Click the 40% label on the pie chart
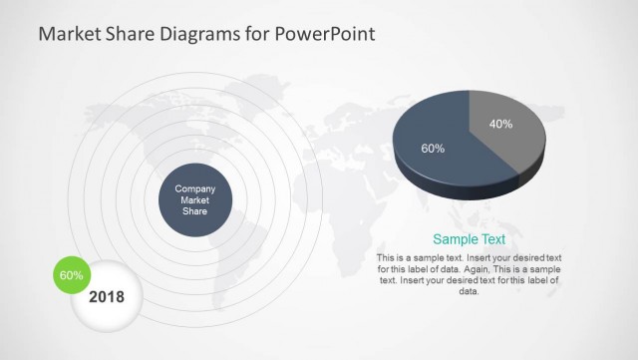point(500,125)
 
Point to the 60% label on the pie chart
point(433,149)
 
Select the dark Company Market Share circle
point(195,199)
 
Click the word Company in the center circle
point(195,188)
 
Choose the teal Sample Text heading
point(469,239)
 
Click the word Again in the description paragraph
point(487,269)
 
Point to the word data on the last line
point(469,291)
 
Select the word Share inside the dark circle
point(195,210)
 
